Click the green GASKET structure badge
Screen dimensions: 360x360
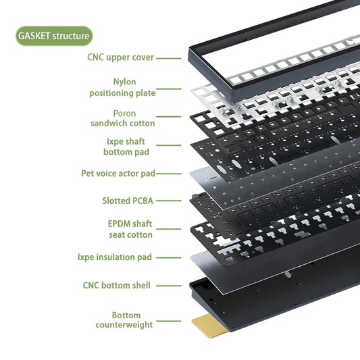pos(54,36)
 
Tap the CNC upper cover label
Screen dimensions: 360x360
pos(120,57)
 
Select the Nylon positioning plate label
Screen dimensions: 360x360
pos(123,88)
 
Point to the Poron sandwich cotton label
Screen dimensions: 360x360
pos(123,118)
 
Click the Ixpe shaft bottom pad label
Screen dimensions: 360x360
pos(126,147)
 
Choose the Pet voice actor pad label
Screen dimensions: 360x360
pos(118,174)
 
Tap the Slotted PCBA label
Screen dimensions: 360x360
pos(128,201)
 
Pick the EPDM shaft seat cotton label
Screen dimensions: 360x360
pos(130,229)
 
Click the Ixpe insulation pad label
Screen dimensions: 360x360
pos(115,257)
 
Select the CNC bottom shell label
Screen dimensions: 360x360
pos(117,286)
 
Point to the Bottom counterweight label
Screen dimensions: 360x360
pos(124,320)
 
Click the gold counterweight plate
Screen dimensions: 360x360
pos(209,326)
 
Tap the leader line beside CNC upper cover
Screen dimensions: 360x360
pos(169,58)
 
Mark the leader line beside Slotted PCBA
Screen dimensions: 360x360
pos(169,201)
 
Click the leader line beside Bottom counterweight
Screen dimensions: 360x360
pos(169,321)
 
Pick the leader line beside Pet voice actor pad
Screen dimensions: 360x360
pos(169,174)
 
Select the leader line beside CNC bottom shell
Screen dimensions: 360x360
pos(169,286)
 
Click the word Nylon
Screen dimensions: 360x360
pos(125,82)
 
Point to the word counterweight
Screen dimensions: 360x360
pos(124,325)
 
